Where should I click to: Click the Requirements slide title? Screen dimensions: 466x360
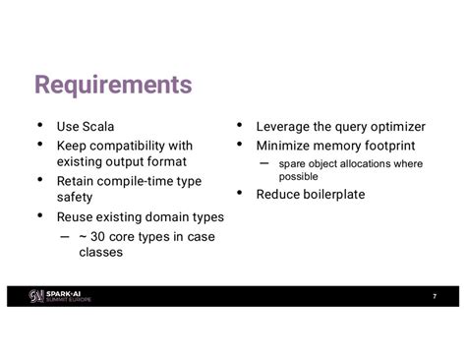(113, 85)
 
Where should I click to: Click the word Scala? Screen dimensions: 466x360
(98, 127)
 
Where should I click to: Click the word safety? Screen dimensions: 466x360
(75, 198)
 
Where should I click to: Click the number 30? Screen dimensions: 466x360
(97, 237)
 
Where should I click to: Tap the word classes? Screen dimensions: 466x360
(101, 252)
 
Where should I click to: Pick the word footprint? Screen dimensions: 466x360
(390, 146)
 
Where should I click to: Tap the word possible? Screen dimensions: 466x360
(298, 177)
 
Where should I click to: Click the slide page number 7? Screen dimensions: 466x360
(435, 296)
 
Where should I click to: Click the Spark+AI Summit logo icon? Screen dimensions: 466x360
(36, 296)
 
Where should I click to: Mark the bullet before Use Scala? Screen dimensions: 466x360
(40, 125)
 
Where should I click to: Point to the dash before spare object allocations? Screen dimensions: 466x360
(263, 163)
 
